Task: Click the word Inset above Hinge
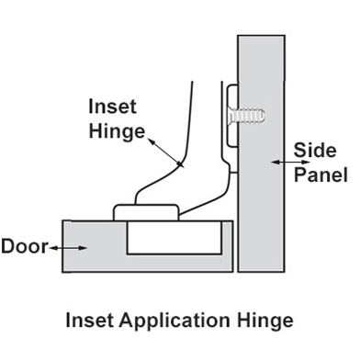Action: tap(111, 107)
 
